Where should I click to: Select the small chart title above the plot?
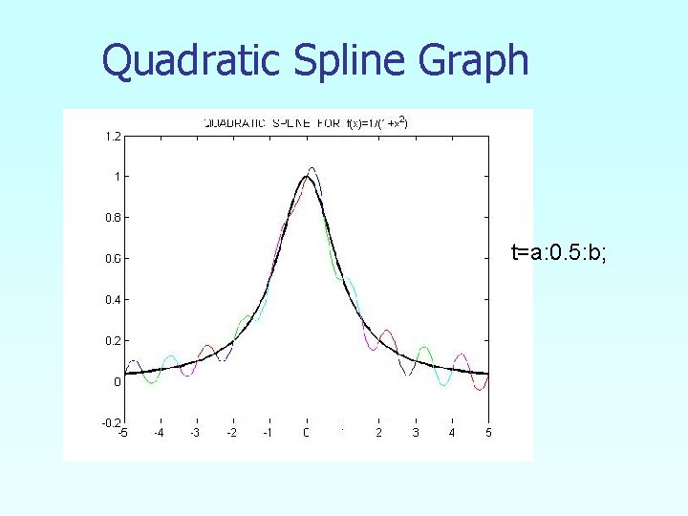305,122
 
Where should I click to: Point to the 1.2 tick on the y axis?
112,137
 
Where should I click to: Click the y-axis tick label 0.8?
112,218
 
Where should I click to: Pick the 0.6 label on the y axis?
112,259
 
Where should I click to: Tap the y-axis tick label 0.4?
112,300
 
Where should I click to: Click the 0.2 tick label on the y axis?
112,341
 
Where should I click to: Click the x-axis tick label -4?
159,434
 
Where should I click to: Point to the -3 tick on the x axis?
195,434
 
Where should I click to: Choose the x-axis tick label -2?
231,434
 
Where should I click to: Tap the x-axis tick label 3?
416,434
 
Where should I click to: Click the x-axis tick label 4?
452,434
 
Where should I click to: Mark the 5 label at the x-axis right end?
488,434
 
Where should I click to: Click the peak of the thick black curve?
307,177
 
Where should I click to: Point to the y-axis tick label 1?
117,177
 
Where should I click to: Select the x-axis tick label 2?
379,434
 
